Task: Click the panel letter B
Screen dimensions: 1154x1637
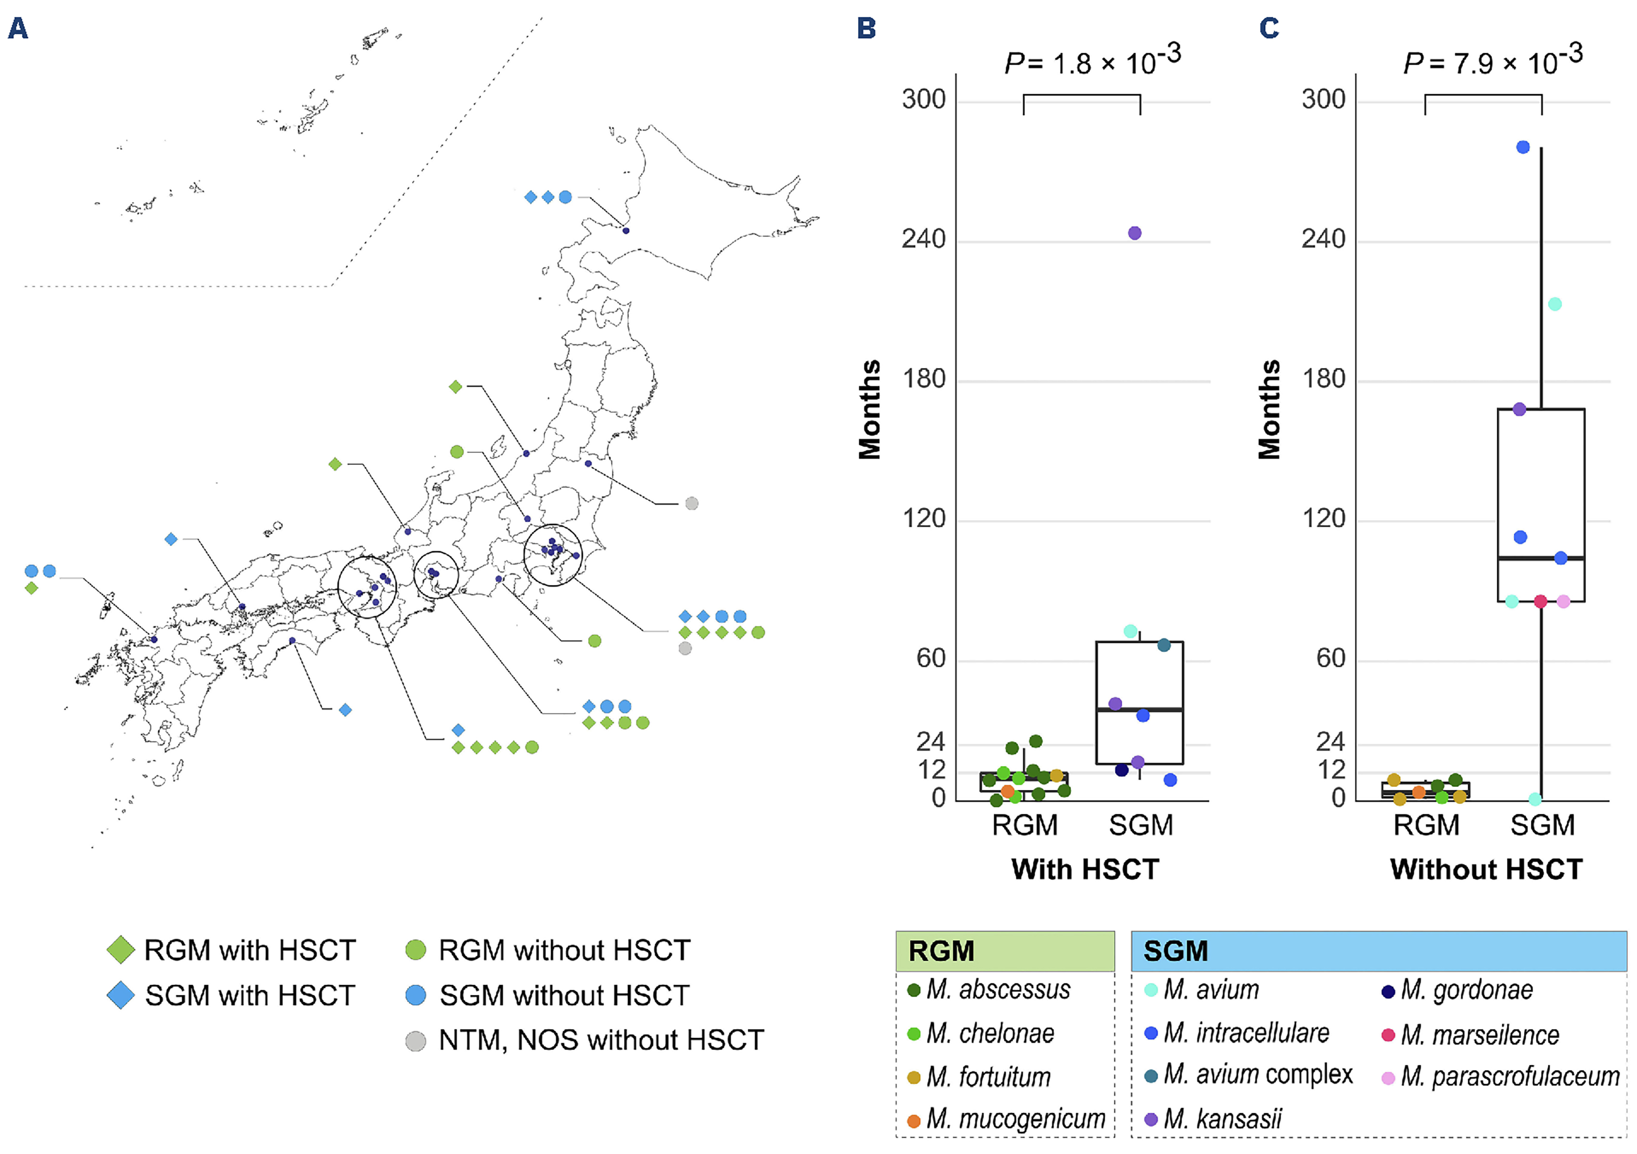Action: pyautogui.click(x=866, y=28)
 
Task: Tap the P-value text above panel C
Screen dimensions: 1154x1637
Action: pyautogui.click(x=1492, y=60)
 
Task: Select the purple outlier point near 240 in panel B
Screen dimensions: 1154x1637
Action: pyautogui.click(x=1134, y=233)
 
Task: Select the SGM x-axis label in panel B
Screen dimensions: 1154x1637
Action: pyautogui.click(x=1141, y=825)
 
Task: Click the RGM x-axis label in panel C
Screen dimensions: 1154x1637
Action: pyautogui.click(x=1426, y=825)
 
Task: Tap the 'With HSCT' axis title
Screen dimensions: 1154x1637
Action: pyautogui.click(x=1085, y=869)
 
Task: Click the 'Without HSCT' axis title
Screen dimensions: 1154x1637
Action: pyautogui.click(x=1486, y=869)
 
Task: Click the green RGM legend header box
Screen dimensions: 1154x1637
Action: pyautogui.click(x=1004, y=951)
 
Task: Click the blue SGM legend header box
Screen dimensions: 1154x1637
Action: pyautogui.click(x=1378, y=951)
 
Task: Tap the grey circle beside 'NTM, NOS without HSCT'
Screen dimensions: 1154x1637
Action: pyautogui.click(x=416, y=1041)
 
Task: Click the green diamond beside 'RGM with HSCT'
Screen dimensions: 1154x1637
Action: pyautogui.click(x=120, y=950)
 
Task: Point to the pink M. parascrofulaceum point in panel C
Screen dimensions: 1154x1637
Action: pyautogui.click(x=1563, y=601)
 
